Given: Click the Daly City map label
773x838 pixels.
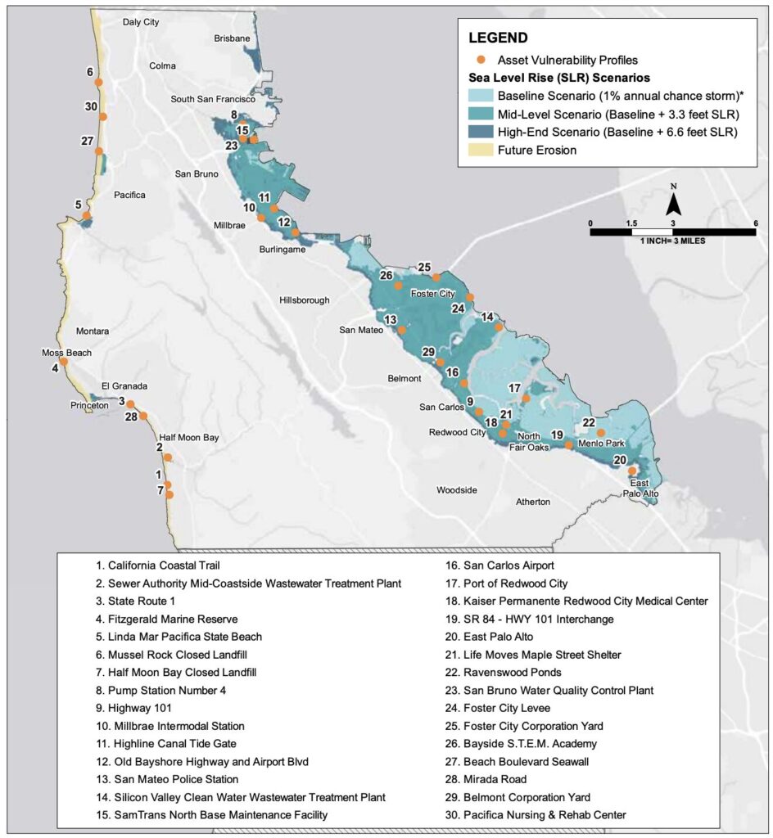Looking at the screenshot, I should pyautogui.click(x=140, y=22).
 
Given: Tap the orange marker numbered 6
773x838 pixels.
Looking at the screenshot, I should pyautogui.click(x=98, y=82).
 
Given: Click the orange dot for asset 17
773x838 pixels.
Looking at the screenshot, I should pyautogui.click(x=526, y=399).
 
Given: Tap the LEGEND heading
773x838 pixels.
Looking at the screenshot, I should pyautogui.click(x=498, y=38).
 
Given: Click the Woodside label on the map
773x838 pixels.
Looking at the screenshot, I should pyautogui.click(x=456, y=490).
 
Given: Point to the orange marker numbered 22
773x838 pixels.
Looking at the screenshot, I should pyautogui.click(x=600, y=433).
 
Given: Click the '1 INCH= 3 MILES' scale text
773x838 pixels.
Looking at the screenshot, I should pyautogui.click(x=671, y=241).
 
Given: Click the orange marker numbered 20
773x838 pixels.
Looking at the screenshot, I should pyautogui.click(x=631, y=471).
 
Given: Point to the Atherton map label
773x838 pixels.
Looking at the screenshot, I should pyautogui.click(x=532, y=502).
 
